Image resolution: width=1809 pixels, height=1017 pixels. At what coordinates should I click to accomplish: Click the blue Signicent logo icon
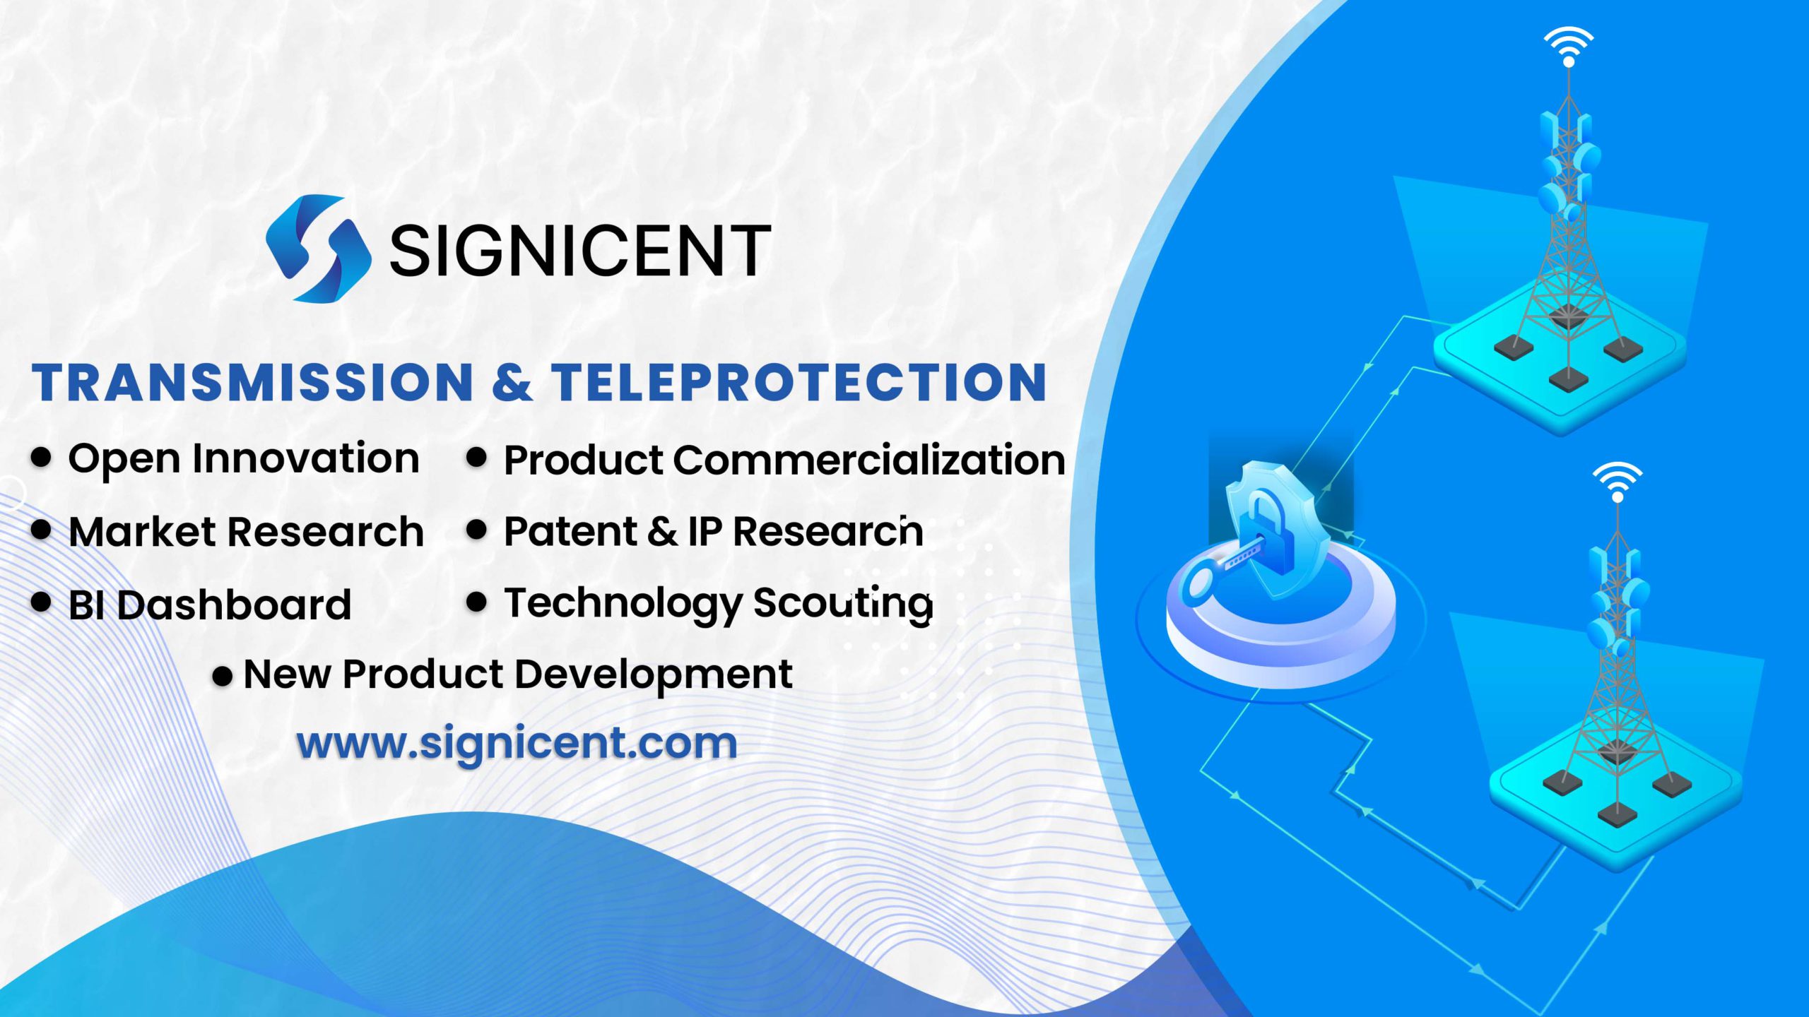click(319, 248)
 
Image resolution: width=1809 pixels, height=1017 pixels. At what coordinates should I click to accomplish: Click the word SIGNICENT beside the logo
click(579, 250)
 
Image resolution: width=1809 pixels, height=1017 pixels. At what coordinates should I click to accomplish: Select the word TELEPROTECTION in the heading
click(799, 382)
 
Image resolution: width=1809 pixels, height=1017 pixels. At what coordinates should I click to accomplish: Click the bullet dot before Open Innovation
click(42, 457)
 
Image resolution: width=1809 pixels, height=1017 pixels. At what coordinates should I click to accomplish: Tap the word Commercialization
click(868, 460)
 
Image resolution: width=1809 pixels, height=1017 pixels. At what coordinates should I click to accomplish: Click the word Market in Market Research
click(142, 532)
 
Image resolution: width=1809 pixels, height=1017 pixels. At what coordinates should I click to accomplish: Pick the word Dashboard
click(234, 605)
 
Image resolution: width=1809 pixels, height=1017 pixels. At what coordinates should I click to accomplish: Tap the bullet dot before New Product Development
click(223, 677)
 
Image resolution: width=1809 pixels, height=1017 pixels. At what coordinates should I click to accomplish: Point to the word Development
click(653, 675)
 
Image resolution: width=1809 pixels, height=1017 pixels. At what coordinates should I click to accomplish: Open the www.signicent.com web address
click(517, 743)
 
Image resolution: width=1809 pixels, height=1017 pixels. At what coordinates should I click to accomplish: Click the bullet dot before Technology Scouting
click(477, 602)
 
